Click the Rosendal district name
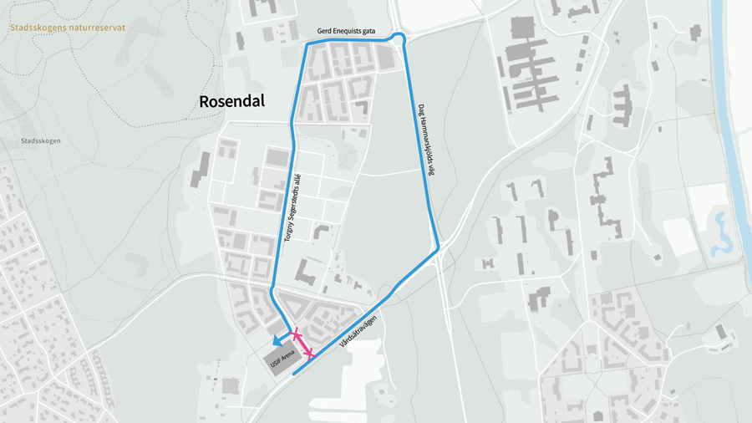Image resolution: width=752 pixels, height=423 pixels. click(231, 101)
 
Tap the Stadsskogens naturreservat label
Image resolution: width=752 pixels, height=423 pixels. click(68, 28)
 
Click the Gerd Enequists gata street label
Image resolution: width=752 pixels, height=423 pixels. click(345, 31)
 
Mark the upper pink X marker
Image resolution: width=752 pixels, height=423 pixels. click(295, 335)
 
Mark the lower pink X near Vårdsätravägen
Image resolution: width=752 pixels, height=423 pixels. click(309, 355)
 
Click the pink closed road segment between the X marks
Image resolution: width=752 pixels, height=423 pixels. click(302, 345)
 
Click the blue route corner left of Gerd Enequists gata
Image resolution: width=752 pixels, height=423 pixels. click(307, 43)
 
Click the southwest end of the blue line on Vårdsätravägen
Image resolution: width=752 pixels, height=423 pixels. click(294, 375)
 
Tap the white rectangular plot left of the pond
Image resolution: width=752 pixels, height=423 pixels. click(679, 237)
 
